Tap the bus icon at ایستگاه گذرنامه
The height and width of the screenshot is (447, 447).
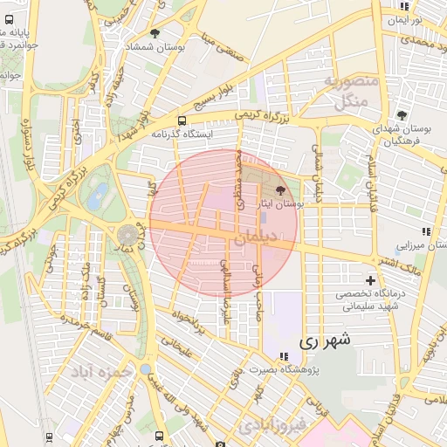(181, 121)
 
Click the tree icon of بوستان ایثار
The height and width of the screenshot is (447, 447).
(280, 189)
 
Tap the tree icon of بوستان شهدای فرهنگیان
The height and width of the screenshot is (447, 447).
(402, 115)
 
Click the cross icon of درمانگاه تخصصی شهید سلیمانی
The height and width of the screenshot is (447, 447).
(371, 281)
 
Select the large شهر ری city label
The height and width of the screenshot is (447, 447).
(323, 341)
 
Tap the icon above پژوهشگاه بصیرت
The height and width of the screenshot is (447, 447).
(284, 355)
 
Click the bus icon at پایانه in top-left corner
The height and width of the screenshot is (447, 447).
(9, 19)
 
